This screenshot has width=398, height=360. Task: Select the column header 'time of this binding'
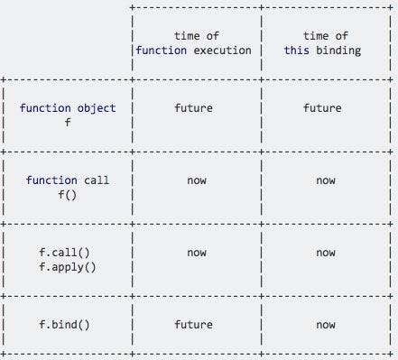point(325,42)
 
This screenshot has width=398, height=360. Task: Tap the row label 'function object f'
point(68,115)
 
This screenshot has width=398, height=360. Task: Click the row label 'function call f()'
point(68,188)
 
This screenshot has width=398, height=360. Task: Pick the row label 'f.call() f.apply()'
point(68,260)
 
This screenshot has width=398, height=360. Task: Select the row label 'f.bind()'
point(68,325)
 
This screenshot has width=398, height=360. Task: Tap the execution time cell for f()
point(196,180)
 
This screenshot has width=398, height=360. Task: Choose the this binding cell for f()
point(326,180)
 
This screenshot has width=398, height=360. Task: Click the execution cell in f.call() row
point(196,253)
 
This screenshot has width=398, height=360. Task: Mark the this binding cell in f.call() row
point(326,253)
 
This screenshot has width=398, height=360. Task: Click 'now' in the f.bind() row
point(326,325)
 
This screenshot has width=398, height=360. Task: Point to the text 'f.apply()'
point(68,267)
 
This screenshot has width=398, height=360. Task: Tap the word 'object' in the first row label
point(97,108)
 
